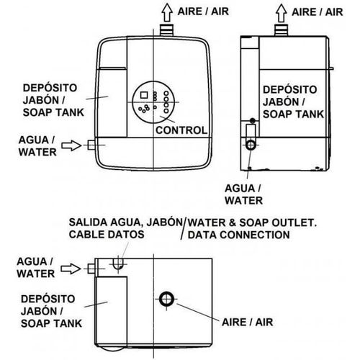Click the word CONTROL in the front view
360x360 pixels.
(181, 130)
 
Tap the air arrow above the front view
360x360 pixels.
(167, 13)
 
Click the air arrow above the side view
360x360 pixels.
(282, 13)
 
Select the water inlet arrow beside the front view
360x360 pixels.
(71, 145)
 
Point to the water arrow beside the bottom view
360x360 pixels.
(71, 269)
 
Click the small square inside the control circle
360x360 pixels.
(144, 95)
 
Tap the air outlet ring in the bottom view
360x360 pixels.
(166, 299)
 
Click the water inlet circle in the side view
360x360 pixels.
(251, 145)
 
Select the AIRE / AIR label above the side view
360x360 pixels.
(318, 12)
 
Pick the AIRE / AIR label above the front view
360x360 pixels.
(203, 12)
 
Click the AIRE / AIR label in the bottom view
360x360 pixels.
(248, 322)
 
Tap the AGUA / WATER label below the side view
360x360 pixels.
(243, 194)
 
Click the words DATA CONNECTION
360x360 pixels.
(239, 235)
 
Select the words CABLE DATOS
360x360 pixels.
(107, 235)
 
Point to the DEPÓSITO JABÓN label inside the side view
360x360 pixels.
(290, 96)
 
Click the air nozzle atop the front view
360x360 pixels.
(167, 30)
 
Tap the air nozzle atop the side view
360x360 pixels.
(282, 30)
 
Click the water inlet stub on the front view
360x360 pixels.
(91, 145)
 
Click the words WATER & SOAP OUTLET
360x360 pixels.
(252, 222)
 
